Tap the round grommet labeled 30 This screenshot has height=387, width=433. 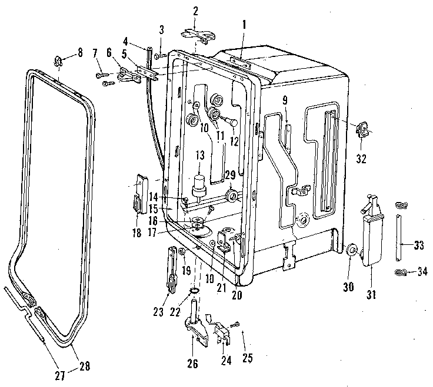coord(352,251)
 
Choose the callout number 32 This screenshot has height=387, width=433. coord(361,157)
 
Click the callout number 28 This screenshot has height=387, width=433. coord(85,367)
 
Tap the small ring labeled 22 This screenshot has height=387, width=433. coord(193,292)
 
